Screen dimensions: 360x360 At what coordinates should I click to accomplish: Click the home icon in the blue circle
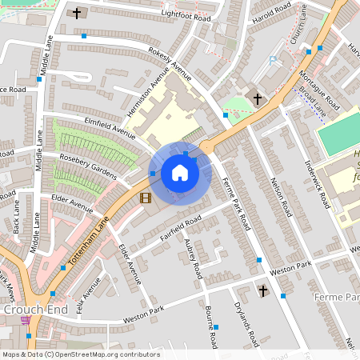(x=180, y=173)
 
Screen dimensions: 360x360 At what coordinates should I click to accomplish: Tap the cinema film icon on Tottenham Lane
(x=145, y=198)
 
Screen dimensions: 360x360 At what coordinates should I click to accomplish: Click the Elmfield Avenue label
(x=109, y=127)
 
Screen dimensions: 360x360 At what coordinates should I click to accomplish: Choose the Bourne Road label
(x=210, y=326)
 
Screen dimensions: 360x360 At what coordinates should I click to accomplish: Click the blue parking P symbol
(x=274, y=60)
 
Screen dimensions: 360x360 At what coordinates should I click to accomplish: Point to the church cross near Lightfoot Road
(x=78, y=13)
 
